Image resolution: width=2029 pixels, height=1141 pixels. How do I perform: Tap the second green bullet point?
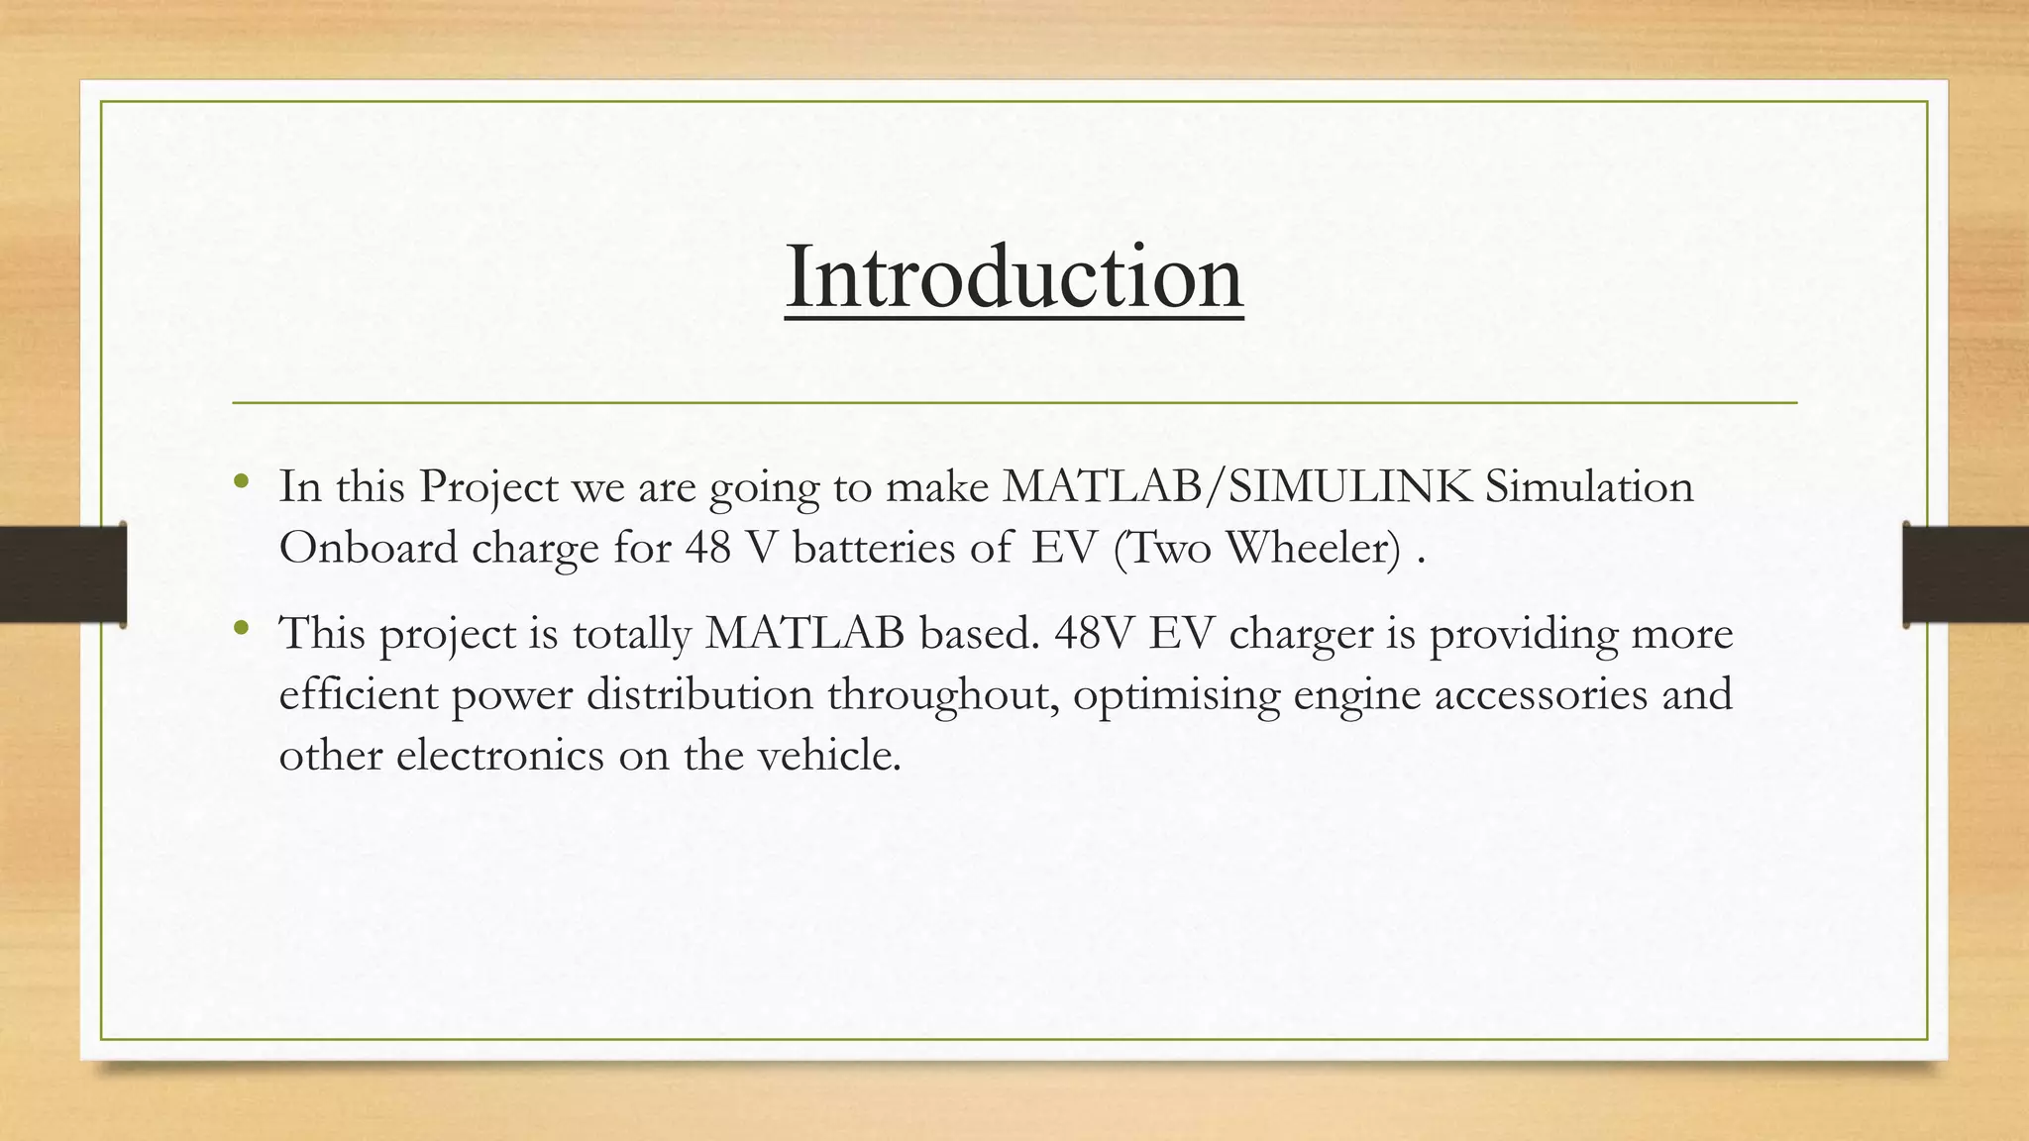(x=240, y=628)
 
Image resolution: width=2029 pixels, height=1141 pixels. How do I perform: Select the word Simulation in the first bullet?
(x=1589, y=486)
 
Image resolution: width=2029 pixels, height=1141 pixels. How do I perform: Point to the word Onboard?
(x=368, y=548)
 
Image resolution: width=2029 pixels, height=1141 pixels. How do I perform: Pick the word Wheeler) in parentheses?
(x=1314, y=548)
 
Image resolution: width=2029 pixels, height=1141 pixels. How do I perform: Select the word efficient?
(x=358, y=693)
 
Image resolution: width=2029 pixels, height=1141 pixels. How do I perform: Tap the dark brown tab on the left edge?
(x=62, y=574)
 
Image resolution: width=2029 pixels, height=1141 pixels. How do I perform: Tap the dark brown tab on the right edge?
(x=1966, y=574)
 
